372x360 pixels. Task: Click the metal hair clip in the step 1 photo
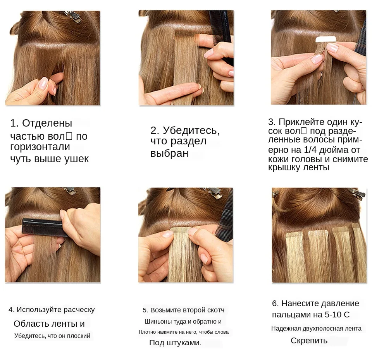(73, 17)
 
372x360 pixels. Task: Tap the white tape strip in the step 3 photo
(325, 39)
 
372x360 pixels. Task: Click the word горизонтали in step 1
(40, 147)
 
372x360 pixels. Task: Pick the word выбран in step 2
(169, 153)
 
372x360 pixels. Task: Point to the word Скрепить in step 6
(309, 341)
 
